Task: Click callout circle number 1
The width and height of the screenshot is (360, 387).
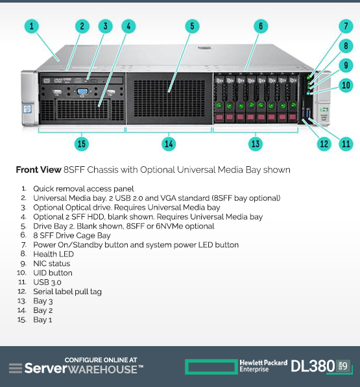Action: (x=32, y=26)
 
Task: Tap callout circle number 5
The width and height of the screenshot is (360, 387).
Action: (x=192, y=26)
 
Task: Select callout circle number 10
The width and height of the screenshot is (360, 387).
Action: (x=346, y=86)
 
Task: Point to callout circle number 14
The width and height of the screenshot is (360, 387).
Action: (x=169, y=144)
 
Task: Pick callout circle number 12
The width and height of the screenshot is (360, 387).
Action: (x=324, y=144)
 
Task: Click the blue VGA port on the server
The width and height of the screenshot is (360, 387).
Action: (x=82, y=92)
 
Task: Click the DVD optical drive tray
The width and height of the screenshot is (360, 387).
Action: (x=82, y=81)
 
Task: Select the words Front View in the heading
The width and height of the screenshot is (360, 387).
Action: (x=38, y=170)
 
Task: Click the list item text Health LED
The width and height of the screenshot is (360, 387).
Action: (x=53, y=255)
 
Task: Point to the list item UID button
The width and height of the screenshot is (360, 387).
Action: (x=53, y=273)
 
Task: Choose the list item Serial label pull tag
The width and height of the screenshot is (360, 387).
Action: (x=67, y=292)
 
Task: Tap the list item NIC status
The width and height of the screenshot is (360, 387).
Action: (x=52, y=264)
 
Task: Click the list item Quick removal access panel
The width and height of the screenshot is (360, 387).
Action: (x=84, y=189)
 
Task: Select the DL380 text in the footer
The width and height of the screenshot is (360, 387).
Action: (x=313, y=366)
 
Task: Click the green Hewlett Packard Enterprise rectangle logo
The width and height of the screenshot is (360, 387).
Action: (x=211, y=367)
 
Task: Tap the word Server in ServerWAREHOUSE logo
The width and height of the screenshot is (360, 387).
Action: (x=46, y=368)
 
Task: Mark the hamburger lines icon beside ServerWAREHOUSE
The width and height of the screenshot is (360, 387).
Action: (x=16, y=368)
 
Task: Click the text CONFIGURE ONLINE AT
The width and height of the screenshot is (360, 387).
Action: (x=101, y=360)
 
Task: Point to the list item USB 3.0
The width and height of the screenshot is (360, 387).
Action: (x=47, y=282)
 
